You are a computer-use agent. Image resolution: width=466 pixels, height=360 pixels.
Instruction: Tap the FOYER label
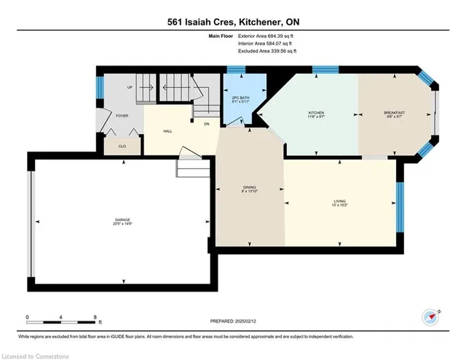pyautogui.click(x=122, y=115)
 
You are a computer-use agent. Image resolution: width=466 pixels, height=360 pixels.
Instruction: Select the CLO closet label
pyautogui.click(x=122, y=146)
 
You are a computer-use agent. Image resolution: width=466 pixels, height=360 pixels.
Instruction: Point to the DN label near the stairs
pyautogui.click(x=207, y=123)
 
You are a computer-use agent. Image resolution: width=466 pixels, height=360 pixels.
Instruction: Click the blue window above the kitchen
pyautogui.click(x=321, y=70)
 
